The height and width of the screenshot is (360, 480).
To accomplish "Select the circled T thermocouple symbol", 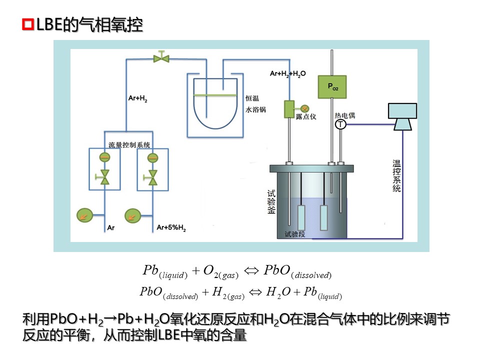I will pyautogui.click(x=340, y=124).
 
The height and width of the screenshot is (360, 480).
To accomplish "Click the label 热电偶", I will pyautogui.click(x=344, y=115).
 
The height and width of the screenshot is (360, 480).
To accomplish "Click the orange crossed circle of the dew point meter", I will pyautogui.click(x=304, y=107).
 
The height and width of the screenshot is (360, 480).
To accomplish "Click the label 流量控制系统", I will pyautogui.click(x=129, y=144).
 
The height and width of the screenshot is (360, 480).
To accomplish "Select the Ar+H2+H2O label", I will pyautogui.click(x=287, y=73).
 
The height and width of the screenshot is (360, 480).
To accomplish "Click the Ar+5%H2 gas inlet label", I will pyautogui.click(x=171, y=228).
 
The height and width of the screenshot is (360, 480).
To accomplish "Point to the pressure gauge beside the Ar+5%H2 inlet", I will pyautogui.click(x=133, y=215).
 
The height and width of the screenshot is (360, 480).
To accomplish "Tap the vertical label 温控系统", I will pyautogui.click(x=396, y=175).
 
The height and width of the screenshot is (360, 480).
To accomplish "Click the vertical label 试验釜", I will pyautogui.click(x=271, y=201).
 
